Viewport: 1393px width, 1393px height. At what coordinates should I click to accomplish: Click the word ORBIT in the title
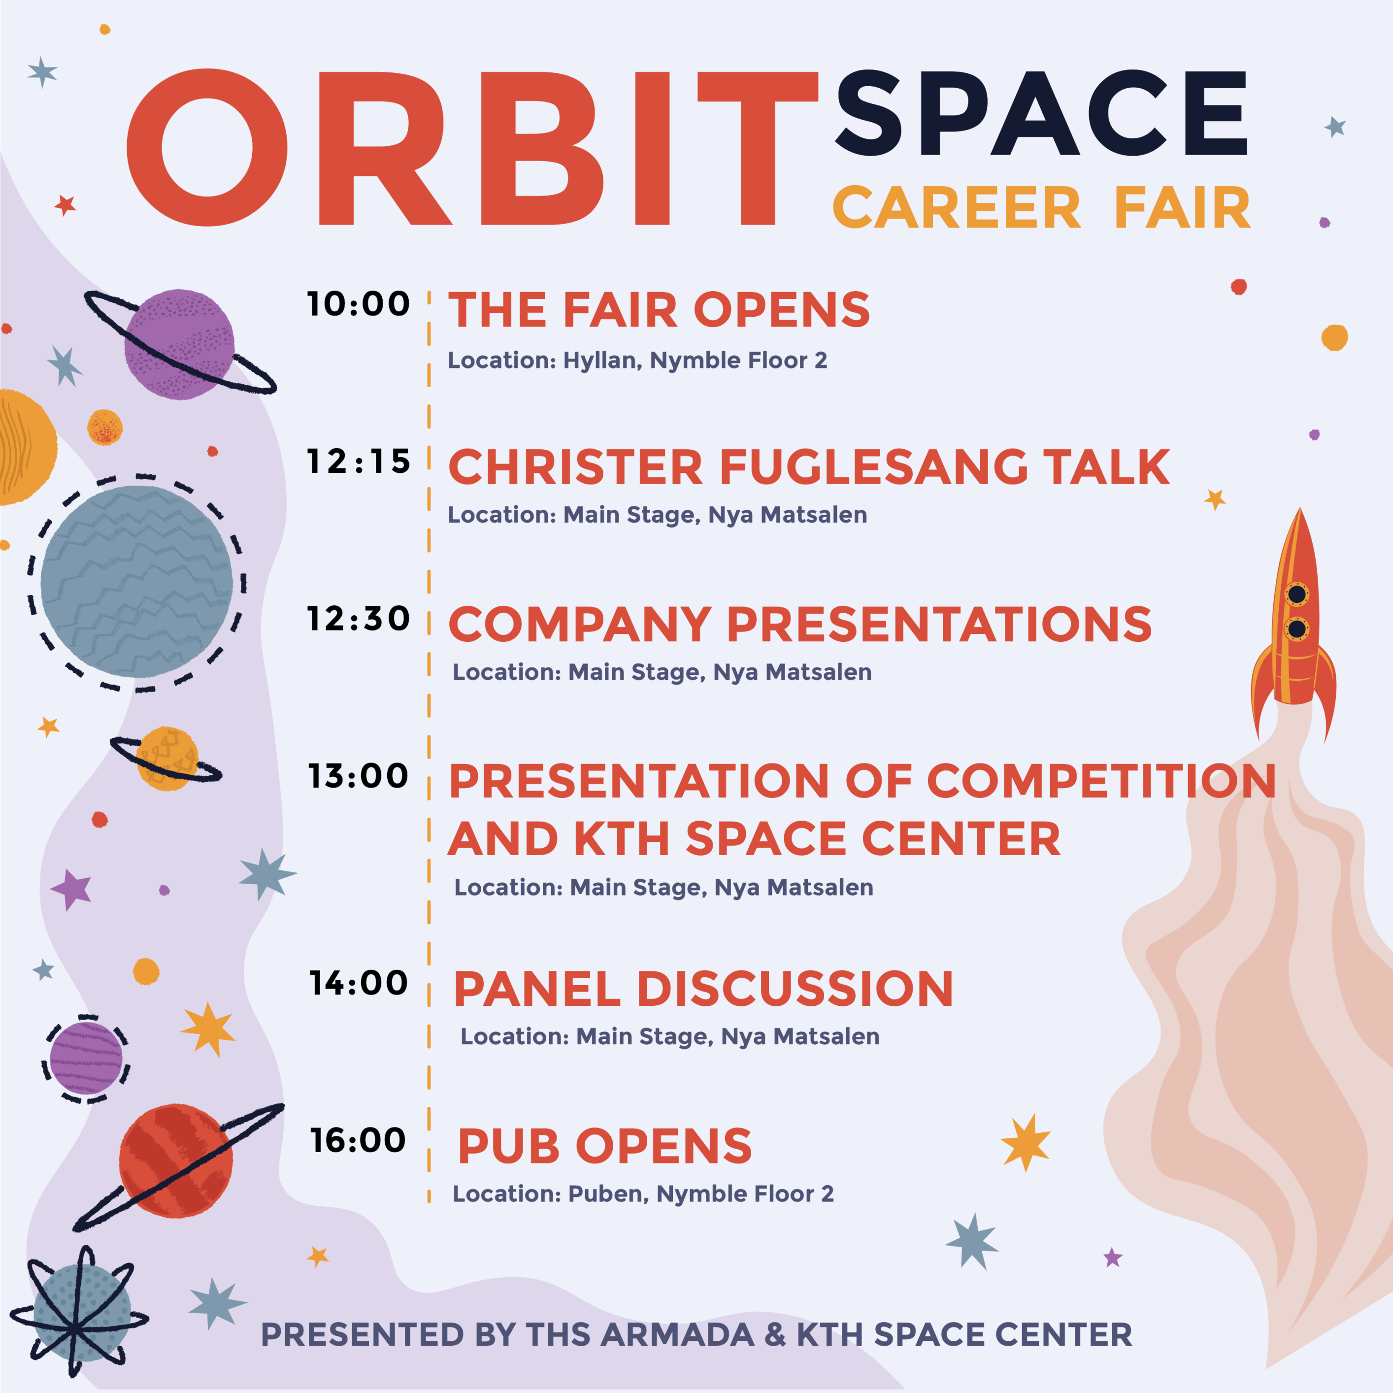click(472, 148)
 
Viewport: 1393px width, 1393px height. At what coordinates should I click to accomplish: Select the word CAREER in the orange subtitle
click(957, 208)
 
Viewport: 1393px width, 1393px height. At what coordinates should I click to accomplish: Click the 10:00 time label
click(358, 304)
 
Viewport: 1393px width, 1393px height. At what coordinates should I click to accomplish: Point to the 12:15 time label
click(358, 462)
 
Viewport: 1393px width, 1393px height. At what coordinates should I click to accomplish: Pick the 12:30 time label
click(358, 619)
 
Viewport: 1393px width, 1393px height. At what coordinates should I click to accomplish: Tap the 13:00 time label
click(358, 776)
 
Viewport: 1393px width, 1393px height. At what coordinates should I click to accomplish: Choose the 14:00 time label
click(358, 983)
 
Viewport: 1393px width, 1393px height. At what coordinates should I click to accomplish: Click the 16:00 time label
click(358, 1140)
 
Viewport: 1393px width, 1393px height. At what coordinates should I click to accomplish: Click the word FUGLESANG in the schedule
click(874, 467)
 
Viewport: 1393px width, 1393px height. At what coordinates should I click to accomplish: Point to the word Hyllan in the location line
click(603, 361)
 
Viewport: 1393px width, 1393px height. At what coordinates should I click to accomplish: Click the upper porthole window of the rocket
click(1297, 594)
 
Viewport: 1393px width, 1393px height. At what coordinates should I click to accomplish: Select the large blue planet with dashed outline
click(136, 582)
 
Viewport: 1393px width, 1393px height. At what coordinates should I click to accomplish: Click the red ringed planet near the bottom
click(177, 1161)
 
